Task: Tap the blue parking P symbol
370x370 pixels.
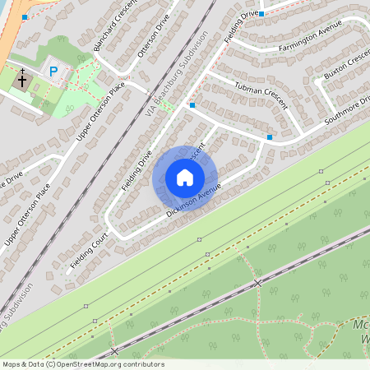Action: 54,72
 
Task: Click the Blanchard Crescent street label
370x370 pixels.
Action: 108,30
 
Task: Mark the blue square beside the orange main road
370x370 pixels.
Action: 25,16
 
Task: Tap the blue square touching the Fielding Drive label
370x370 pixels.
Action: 261,14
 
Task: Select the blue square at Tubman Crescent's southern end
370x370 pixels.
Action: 270,136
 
